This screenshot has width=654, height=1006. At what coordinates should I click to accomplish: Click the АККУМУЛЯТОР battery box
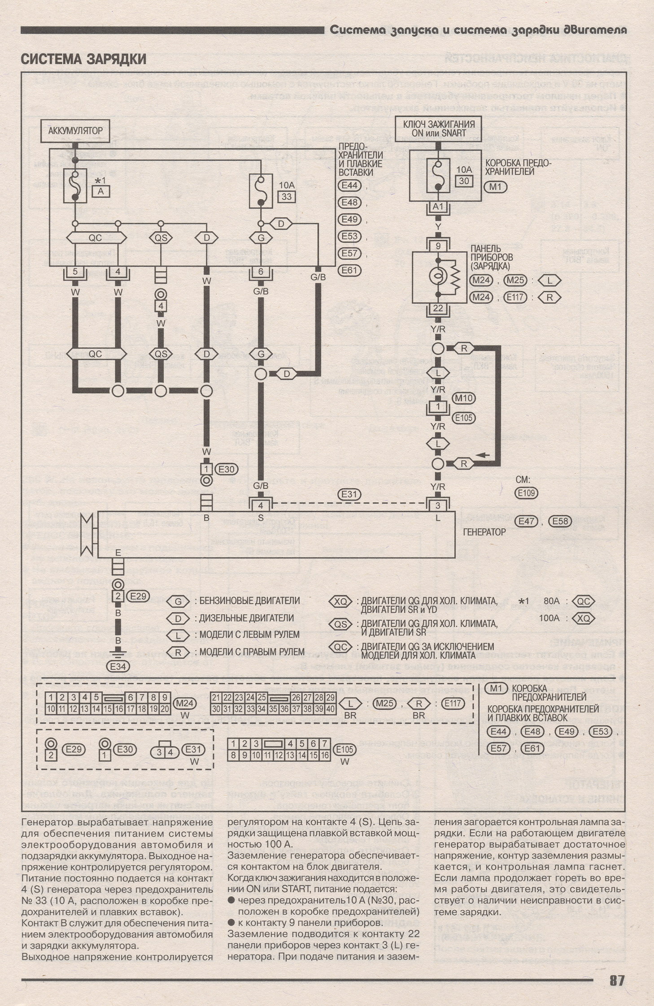pyautogui.click(x=75, y=131)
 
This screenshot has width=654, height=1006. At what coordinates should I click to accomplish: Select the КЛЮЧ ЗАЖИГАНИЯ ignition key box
pyautogui.click(x=438, y=129)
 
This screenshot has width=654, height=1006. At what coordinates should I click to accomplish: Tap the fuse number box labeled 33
pyautogui.click(x=287, y=196)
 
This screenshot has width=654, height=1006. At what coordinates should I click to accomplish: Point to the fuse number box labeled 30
pyautogui.click(x=464, y=181)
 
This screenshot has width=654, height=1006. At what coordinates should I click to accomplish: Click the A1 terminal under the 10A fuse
pyautogui.click(x=438, y=207)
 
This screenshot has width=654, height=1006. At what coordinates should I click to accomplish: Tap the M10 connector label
pyautogui.click(x=463, y=398)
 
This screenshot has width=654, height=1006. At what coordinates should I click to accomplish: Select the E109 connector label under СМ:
pyautogui.click(x=526, y=493)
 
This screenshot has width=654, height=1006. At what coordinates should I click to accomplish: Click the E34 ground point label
pyautogui.click(x=118, y=666)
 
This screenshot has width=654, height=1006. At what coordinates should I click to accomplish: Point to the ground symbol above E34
pyautogui.click(x=118, y=653)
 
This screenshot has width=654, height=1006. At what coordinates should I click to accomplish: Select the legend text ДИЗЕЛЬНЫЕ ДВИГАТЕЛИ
pyautogui.click(x=246, y=618)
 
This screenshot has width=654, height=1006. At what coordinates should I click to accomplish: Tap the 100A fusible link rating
pyautogui.click(x=549, y=618)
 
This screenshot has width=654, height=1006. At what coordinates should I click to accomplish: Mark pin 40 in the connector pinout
pyautogui.click(x=330, y=709)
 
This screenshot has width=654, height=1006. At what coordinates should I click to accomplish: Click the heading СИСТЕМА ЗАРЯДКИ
pyautogui.click(x=83, y=59)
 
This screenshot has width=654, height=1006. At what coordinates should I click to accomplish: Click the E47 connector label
pyautogui.click(x=527, y=521)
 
